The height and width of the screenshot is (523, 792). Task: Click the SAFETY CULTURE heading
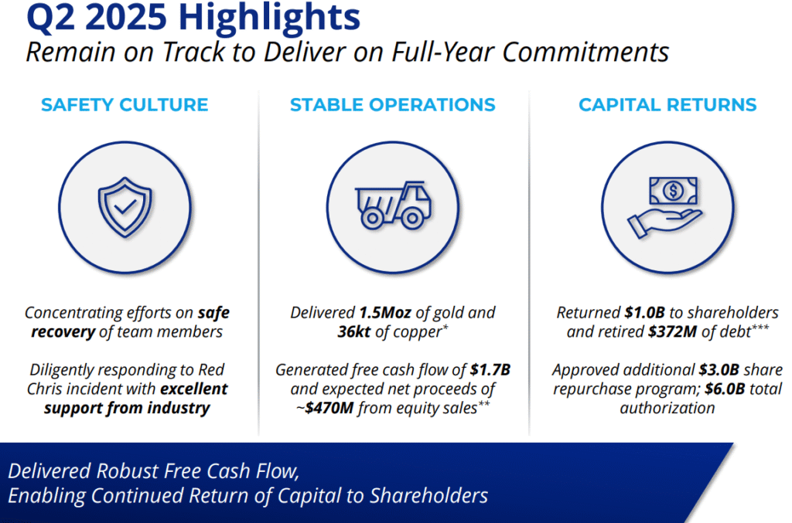(x=125, y=105)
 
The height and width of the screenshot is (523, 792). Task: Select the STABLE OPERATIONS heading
(x=392, y=105)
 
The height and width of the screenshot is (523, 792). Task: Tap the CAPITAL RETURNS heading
(x=667, y=105)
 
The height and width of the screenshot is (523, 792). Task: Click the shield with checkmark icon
(x=125, y=207)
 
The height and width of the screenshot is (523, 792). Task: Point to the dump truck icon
(x=393, y=205)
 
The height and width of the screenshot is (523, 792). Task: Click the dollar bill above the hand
(x=674, y=191)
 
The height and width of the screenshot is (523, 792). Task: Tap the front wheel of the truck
(x=413, y=219)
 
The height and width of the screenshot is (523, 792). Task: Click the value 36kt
(x=354, y=332)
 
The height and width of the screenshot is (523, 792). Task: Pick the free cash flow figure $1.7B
(x=490, y=370)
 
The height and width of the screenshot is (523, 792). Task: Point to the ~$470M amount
(x=325, y=407)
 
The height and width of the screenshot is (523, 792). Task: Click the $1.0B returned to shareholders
(x=644, y=313)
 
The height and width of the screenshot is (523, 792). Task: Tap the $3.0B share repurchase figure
(x=719, y=370)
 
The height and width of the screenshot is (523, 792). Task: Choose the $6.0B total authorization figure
(x=725, y=389)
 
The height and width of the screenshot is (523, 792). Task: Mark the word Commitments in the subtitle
(x=585, y=52)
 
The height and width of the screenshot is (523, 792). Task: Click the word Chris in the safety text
(x=45, y=389)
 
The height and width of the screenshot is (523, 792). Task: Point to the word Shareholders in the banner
(x=428, y=495)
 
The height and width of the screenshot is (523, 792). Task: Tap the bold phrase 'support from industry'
(x=127, y=408)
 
